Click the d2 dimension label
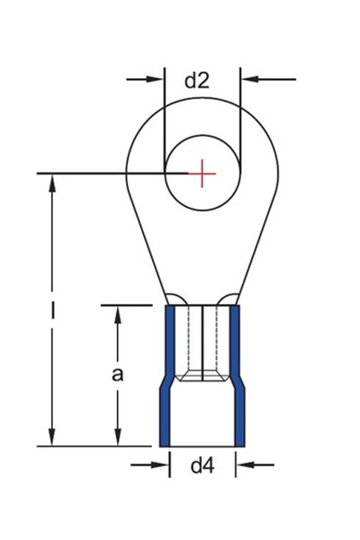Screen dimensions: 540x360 (x=197, y=80)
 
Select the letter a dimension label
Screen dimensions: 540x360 (x=117, y=374)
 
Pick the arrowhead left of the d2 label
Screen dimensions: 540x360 (x=157, y=80)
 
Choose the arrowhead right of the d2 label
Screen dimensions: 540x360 (x=250, y=80)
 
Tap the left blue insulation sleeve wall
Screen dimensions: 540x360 (x=167, y=378)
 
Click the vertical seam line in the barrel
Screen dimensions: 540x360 (x=203, y=337)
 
